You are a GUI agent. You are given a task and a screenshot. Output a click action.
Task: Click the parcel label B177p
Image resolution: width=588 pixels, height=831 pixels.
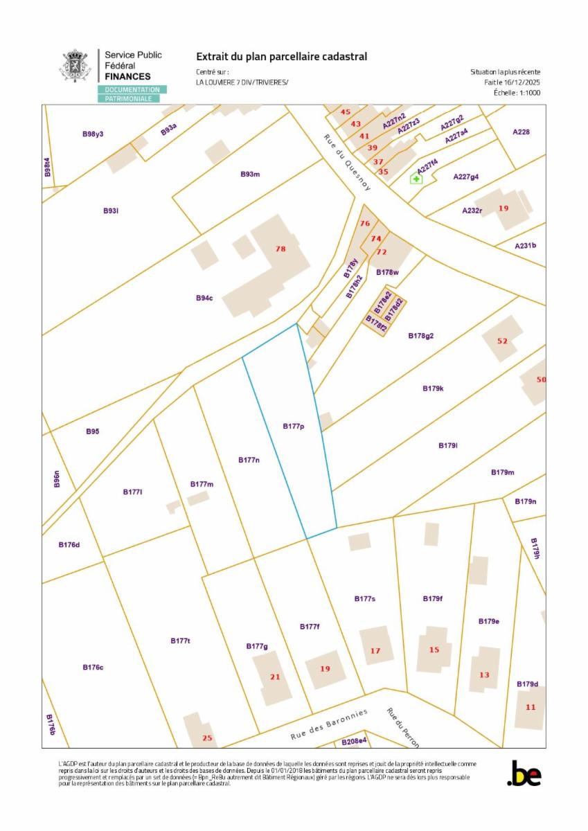coord(294,427)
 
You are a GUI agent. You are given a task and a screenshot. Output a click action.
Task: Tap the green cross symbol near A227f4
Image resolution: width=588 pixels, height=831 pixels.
coord(416,179)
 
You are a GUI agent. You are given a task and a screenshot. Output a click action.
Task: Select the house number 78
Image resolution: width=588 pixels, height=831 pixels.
coord(280,249)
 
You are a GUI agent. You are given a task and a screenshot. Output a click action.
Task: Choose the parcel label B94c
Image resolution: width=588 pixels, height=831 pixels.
coord(204,298)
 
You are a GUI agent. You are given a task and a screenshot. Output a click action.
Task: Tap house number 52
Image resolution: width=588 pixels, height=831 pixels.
coord(503,341)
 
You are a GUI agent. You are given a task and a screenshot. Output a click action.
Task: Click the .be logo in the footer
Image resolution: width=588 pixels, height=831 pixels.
coord(524,774)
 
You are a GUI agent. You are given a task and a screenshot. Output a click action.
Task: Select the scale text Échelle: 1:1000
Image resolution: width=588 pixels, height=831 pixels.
coord(516,92)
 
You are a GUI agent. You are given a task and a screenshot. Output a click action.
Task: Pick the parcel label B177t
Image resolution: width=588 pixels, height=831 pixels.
coord(180,641)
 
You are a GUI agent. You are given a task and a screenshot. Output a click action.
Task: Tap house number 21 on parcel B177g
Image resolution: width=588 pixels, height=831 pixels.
coord(275,677)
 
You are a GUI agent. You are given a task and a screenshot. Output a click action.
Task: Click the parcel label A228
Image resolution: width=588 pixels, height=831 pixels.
coord(521,132)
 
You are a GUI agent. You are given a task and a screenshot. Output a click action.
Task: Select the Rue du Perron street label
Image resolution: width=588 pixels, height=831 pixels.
coord(402,727)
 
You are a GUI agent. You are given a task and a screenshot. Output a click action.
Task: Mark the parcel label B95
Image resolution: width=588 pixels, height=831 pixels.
coord(93,431)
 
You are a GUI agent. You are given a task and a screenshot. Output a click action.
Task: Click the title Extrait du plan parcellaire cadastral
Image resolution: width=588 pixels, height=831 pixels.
coord(281,57)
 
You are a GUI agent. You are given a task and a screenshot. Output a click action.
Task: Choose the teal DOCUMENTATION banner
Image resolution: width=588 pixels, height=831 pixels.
coord(132,90)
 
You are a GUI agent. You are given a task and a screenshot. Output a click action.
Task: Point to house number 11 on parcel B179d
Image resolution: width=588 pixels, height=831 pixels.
coord(531,707)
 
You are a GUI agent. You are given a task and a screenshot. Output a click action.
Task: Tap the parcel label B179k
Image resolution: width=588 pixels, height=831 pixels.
coord(433,388)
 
